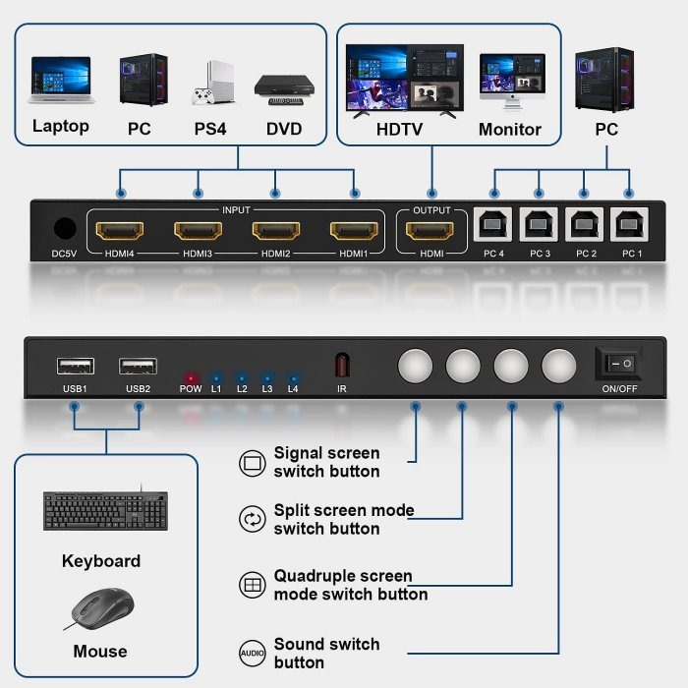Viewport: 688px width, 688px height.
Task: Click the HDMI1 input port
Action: point(354,232)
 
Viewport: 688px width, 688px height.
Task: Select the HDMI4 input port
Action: point(120,232)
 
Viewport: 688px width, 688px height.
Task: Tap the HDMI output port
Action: point(430,232)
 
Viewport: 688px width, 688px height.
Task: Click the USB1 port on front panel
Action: point(75,367)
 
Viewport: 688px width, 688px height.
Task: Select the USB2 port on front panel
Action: point(138,367)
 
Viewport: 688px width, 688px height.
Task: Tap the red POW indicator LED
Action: point(191,376)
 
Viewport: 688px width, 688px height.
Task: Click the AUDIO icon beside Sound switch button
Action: point(253,653)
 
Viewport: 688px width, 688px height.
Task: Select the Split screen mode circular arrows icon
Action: point(253,519)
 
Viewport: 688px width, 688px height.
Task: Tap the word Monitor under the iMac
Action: point(509,129)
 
